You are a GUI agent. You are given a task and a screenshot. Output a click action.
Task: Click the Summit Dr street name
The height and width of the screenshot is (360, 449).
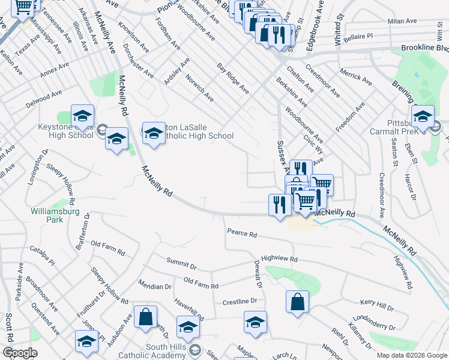coord(181,263)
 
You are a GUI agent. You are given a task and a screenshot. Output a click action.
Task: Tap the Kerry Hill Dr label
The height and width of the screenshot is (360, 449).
coord(376,307)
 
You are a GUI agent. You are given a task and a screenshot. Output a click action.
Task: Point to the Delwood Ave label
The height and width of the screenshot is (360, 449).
coord(44,98)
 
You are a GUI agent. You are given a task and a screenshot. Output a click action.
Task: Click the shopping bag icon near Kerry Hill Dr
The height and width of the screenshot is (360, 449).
coord(297,302)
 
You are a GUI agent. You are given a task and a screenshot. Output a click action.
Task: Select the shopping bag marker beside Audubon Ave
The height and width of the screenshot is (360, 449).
coord(145,317)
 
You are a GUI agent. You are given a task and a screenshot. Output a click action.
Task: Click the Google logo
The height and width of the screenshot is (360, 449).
coord(20,353)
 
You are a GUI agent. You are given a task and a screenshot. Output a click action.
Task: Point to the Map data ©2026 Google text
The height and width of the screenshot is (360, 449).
coord(411,355)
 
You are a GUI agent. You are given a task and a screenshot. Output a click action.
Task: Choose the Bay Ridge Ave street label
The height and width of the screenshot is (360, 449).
coord(233,78)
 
